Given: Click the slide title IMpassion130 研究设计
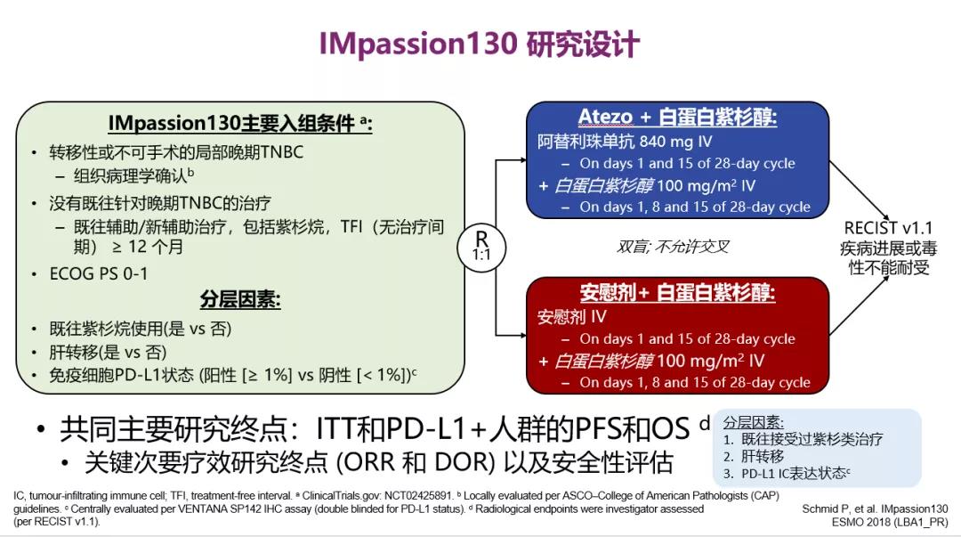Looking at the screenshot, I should tap(480, 45).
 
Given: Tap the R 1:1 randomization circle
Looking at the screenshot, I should tap(481, 244).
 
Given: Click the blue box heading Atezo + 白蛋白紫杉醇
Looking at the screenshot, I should tap(678, 118).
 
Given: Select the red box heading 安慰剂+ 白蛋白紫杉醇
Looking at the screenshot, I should tap(678, 294).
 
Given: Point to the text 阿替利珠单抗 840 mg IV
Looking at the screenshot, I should tap(625, 141).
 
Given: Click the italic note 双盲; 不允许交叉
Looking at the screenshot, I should tap(674, 246).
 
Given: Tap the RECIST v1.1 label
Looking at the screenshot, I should tap(890, 229).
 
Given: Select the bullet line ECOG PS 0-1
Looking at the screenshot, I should tap(99, 273).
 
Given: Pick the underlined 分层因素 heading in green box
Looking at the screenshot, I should tap(240, 300).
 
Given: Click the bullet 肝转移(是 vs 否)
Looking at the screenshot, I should tap(108, 352).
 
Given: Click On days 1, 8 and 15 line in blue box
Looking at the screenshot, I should tap(695, 207).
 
